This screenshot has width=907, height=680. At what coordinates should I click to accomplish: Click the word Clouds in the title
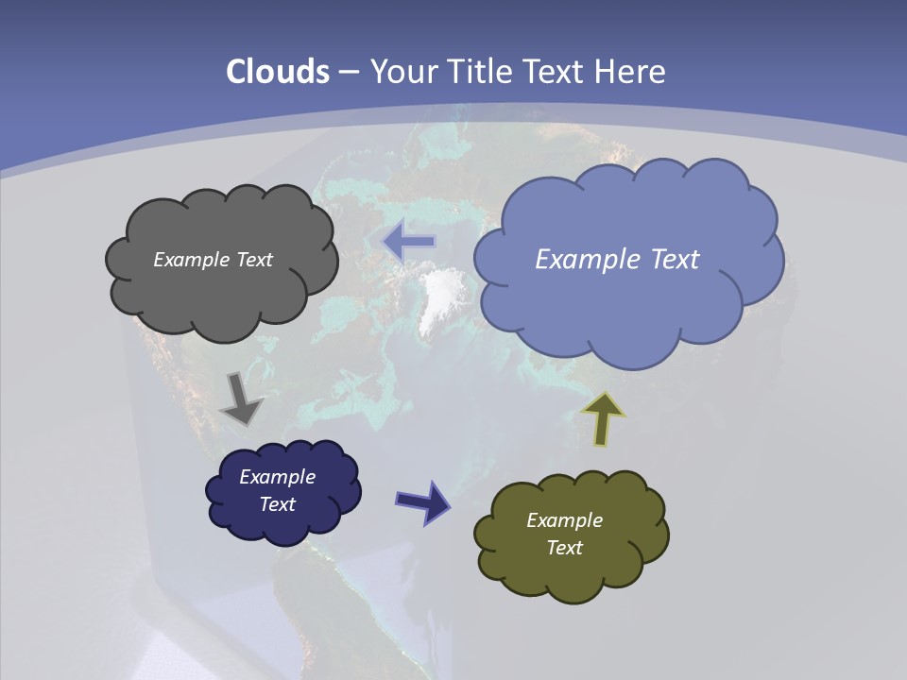[278, 72]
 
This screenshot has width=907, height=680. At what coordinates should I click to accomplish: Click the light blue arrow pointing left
[409, 242]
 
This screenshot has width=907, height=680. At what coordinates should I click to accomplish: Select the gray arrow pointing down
[241, 399]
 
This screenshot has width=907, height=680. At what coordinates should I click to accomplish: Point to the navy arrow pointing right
[422, 501]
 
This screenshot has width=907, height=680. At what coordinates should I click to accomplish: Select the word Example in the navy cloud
[277, 477]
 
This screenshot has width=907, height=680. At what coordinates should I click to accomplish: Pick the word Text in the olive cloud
[564, 548]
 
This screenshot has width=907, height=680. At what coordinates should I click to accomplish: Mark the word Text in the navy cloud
[277, 504]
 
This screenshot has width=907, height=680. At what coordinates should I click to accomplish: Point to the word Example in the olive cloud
[564, 520]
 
